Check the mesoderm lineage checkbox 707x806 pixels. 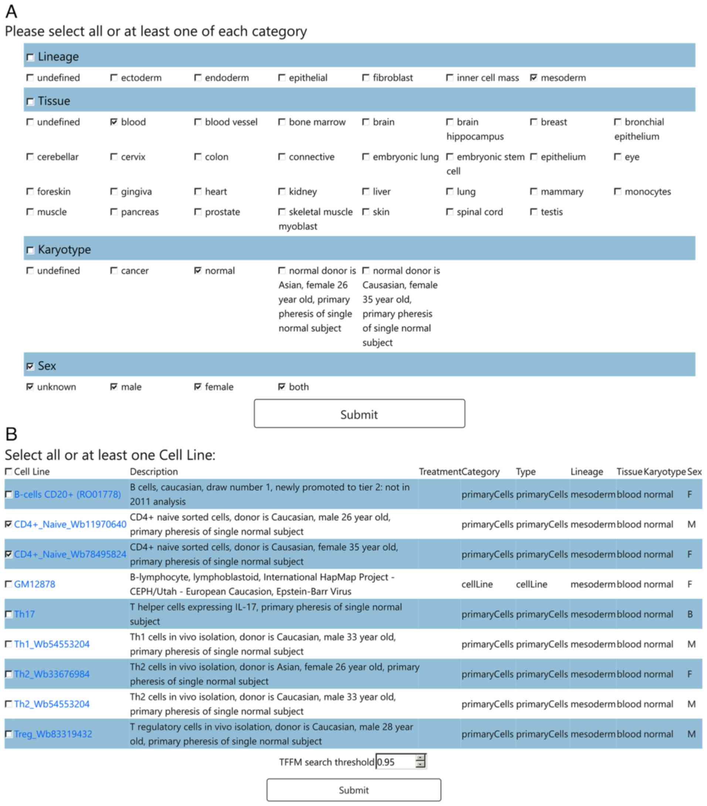tap(533, 78)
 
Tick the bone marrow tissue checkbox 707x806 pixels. tap(282, 122)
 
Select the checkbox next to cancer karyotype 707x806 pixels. tap(113, 270)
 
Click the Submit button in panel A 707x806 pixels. tap(359, 414)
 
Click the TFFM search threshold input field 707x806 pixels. tap(395, 762)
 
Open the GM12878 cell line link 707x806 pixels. tap(35, 584)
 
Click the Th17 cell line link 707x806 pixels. tap(24, 614)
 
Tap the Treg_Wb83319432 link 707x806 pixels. tap(53, 734)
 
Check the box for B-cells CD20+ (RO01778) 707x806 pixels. tap(8, 494)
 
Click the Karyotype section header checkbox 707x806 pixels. tap(30, 250)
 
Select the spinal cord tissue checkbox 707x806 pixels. tap(449, 212)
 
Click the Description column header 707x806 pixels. tap(154, 472)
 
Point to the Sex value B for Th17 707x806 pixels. tap(690, 614)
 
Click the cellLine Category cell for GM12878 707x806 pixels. tap(477, 584)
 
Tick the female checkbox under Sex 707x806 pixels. tap(198, 387)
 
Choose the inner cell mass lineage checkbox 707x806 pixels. tap(449, 78)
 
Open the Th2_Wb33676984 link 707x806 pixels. tap(52, 674)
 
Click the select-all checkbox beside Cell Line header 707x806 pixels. tap(8, 472)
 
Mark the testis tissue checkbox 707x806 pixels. tap(533, 212)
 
